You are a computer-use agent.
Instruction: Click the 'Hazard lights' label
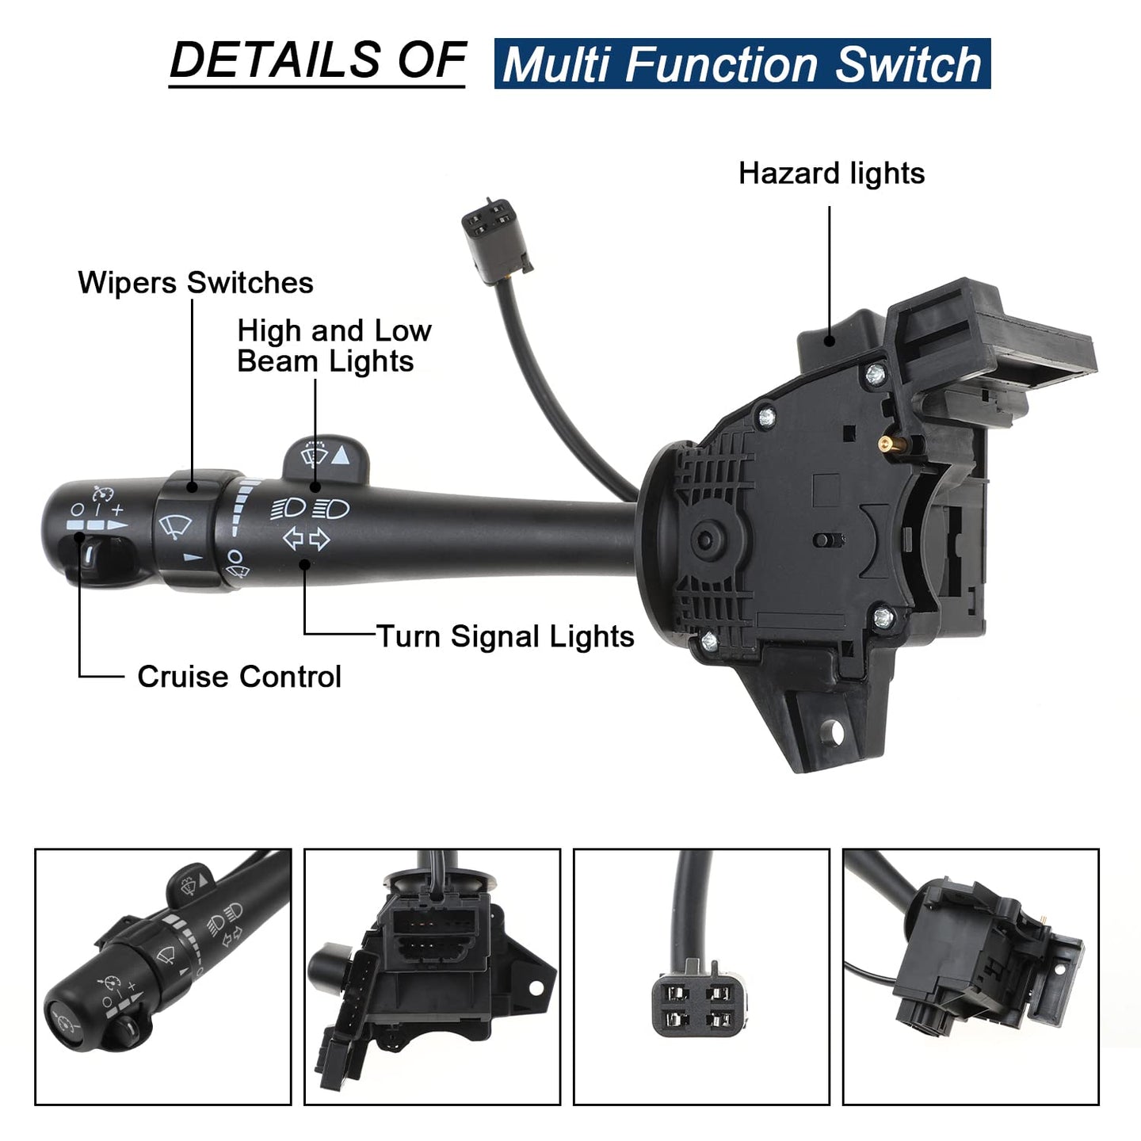[830, 174]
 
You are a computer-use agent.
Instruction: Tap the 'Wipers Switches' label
[196, 282]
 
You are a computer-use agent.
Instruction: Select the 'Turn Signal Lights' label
[505, 637]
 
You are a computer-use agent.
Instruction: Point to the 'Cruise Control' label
[239, 676]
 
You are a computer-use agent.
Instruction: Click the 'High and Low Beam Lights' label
[334, 345]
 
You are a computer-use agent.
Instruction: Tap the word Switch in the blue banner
[908, 64]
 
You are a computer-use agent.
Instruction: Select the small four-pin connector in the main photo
[496, 241]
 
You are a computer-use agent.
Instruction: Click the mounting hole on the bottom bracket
[835, 732]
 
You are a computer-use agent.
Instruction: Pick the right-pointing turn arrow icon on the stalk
[320, 540]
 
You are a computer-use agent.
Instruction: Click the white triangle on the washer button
[340, 455]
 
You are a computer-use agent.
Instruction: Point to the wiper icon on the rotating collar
[174, 526]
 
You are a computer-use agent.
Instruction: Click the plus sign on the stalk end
[118, 509]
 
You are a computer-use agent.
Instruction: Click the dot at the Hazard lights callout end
[830, 341]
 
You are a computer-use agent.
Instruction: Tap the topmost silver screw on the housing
[875, 374]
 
